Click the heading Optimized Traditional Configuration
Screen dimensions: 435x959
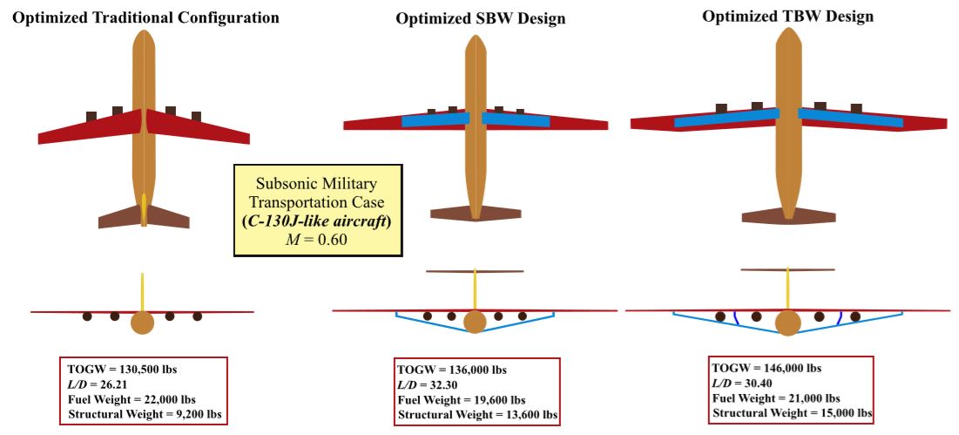click(x=145, y=17)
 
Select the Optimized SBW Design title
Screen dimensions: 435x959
click(x=480, y=19)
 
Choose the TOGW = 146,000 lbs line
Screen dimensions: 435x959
click(x=767, y=367)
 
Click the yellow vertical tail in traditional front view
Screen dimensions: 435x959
click(x=142, y=292)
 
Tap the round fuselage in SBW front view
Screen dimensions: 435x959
click(x=475, y=322)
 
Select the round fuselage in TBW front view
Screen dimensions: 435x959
click(x=787, y=323)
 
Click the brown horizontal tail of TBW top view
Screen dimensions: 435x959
click(x=787, y=215)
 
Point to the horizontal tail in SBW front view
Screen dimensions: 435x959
click(x=474, y=271)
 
